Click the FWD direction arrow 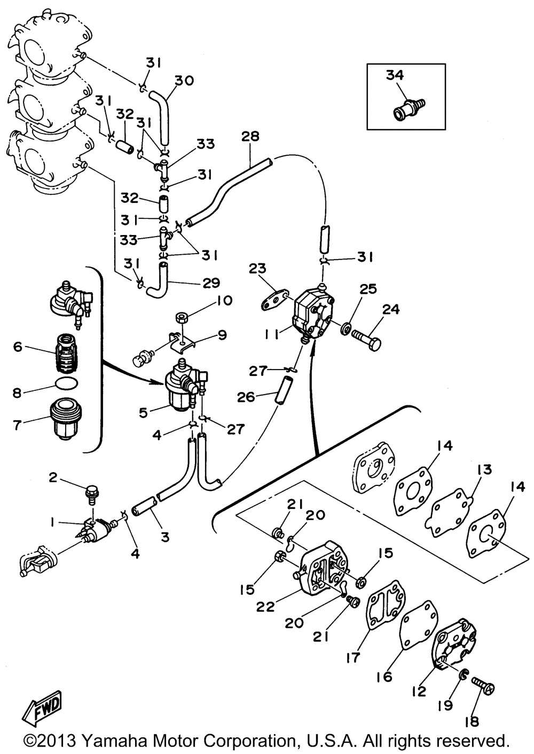[42, 708]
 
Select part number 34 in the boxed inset [395, 76]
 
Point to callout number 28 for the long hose [250, 137]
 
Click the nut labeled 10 [182, 319]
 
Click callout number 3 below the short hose [165, 537]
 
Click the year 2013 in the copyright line [56, 741]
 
